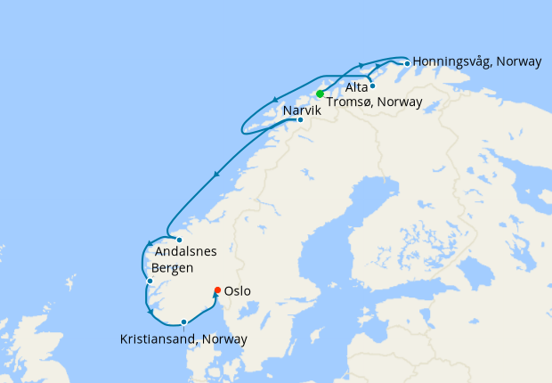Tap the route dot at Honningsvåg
coord(407,63)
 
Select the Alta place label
coord(356,86)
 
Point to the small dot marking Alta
coord(372,86)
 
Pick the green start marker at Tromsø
coord(320,94)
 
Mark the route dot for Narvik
coord(300,120)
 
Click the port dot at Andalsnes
coord(179,240)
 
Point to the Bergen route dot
coord(150,281)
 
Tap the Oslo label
coord(238,291)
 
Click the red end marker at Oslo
coord(218,289)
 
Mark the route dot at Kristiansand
coord(183,322)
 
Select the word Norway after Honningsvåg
coord(519,62)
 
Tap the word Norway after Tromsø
coord(399,102)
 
